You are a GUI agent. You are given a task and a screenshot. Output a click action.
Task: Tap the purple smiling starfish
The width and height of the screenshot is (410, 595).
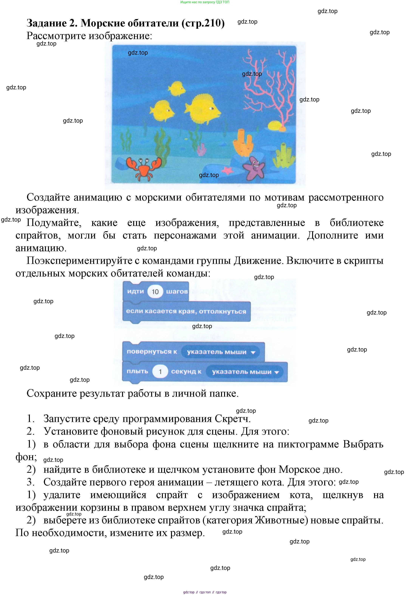point(254,167)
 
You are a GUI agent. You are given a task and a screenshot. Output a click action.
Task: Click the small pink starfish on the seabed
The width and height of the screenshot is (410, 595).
point(227,170)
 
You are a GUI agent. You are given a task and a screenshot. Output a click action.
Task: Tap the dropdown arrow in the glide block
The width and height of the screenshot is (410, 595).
point(276,372)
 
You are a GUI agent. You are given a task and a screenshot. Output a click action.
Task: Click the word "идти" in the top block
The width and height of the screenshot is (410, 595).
point(135,291)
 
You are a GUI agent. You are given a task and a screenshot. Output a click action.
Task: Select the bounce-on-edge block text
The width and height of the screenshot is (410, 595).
point(186,311)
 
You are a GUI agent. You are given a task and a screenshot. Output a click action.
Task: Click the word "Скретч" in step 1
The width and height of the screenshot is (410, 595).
point(232,419)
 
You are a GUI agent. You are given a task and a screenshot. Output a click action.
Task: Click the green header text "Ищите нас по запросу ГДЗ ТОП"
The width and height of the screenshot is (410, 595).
point(205,2)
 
